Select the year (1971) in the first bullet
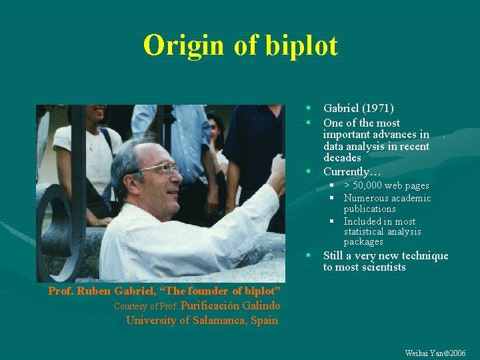pyautogui.click(x=379, y=108)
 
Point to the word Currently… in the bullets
pyautogui.click(x=352, y=172)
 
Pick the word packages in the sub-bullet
pyautogui.click(x=363, y=241)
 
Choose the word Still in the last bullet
pyautogui.click(x=335, y=255)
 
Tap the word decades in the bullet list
pyautogui.click(x=342, y=158)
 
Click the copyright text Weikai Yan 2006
pyautogui.click(x=435, y=353)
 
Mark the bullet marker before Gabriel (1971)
pyautogui.click(x=309, y=108)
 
